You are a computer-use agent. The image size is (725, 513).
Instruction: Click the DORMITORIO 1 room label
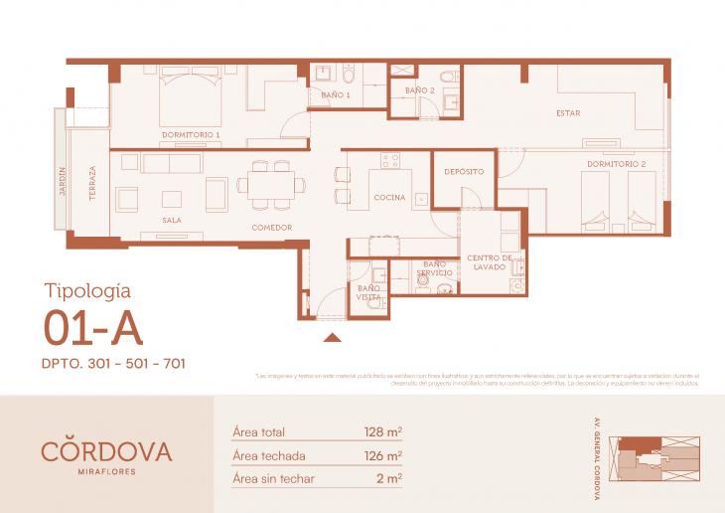191,133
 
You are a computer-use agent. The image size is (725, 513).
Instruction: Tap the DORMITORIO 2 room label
616,163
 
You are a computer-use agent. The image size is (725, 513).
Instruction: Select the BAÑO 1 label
335,94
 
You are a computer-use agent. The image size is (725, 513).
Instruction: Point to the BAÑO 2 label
419,90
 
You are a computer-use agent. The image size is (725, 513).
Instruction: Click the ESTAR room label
568,112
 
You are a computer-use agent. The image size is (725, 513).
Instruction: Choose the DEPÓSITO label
463,172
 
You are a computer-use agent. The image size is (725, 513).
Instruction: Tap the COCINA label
389,198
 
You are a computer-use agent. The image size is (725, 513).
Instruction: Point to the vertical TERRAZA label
92,185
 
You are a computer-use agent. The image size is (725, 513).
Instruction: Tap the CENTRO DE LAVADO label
489,262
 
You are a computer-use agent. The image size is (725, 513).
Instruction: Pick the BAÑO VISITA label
368,292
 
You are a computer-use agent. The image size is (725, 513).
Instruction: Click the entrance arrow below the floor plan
333,338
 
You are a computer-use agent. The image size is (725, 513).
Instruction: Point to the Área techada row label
268,456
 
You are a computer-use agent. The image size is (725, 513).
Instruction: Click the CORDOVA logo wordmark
106,450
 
